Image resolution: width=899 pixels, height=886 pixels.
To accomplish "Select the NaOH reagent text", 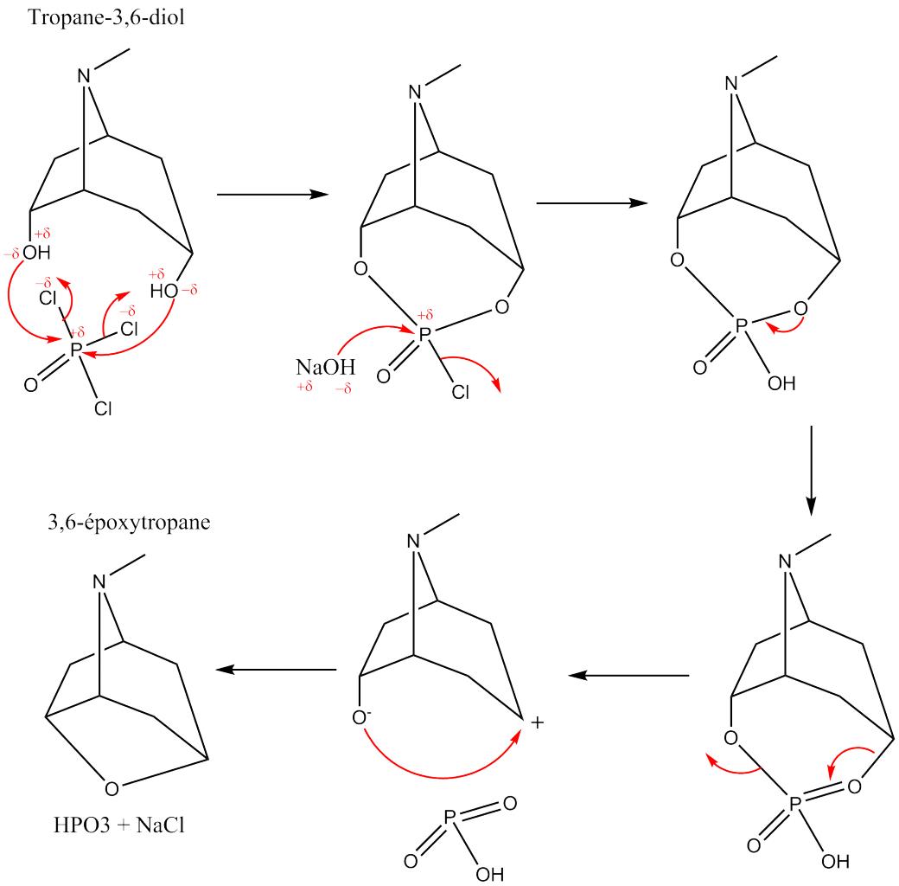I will pyautogui.click(x=322, y=367).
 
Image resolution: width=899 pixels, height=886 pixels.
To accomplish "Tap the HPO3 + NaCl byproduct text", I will pyautogui.click(x=117, y=825).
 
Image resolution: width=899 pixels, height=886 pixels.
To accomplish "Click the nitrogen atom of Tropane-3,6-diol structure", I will pyautogui.click(x=83, y=76).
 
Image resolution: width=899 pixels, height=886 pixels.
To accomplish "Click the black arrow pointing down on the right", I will pyautogui.click(x=810, y=467).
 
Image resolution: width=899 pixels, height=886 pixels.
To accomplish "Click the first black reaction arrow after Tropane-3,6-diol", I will pyautogui.click(x=272, y=194).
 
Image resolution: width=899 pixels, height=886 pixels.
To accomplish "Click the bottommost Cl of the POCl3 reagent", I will pyautogui.click(x=103, y=408).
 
